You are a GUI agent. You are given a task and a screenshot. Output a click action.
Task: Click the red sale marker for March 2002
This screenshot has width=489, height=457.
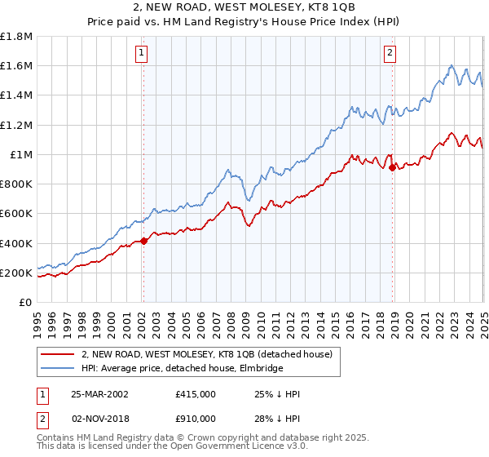point(143,241)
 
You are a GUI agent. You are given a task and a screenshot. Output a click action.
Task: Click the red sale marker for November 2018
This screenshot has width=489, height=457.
point(392,167)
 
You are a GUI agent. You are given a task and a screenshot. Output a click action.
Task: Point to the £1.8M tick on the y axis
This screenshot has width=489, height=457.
point(16,37)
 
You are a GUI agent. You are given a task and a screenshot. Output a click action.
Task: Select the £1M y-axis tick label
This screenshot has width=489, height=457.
point(20,154)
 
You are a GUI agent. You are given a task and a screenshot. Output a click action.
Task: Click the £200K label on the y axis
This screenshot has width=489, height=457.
point(16,273)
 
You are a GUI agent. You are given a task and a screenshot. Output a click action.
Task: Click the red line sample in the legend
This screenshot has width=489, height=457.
point(59,355)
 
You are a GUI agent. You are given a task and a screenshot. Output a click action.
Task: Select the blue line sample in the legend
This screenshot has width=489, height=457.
point(59,369)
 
